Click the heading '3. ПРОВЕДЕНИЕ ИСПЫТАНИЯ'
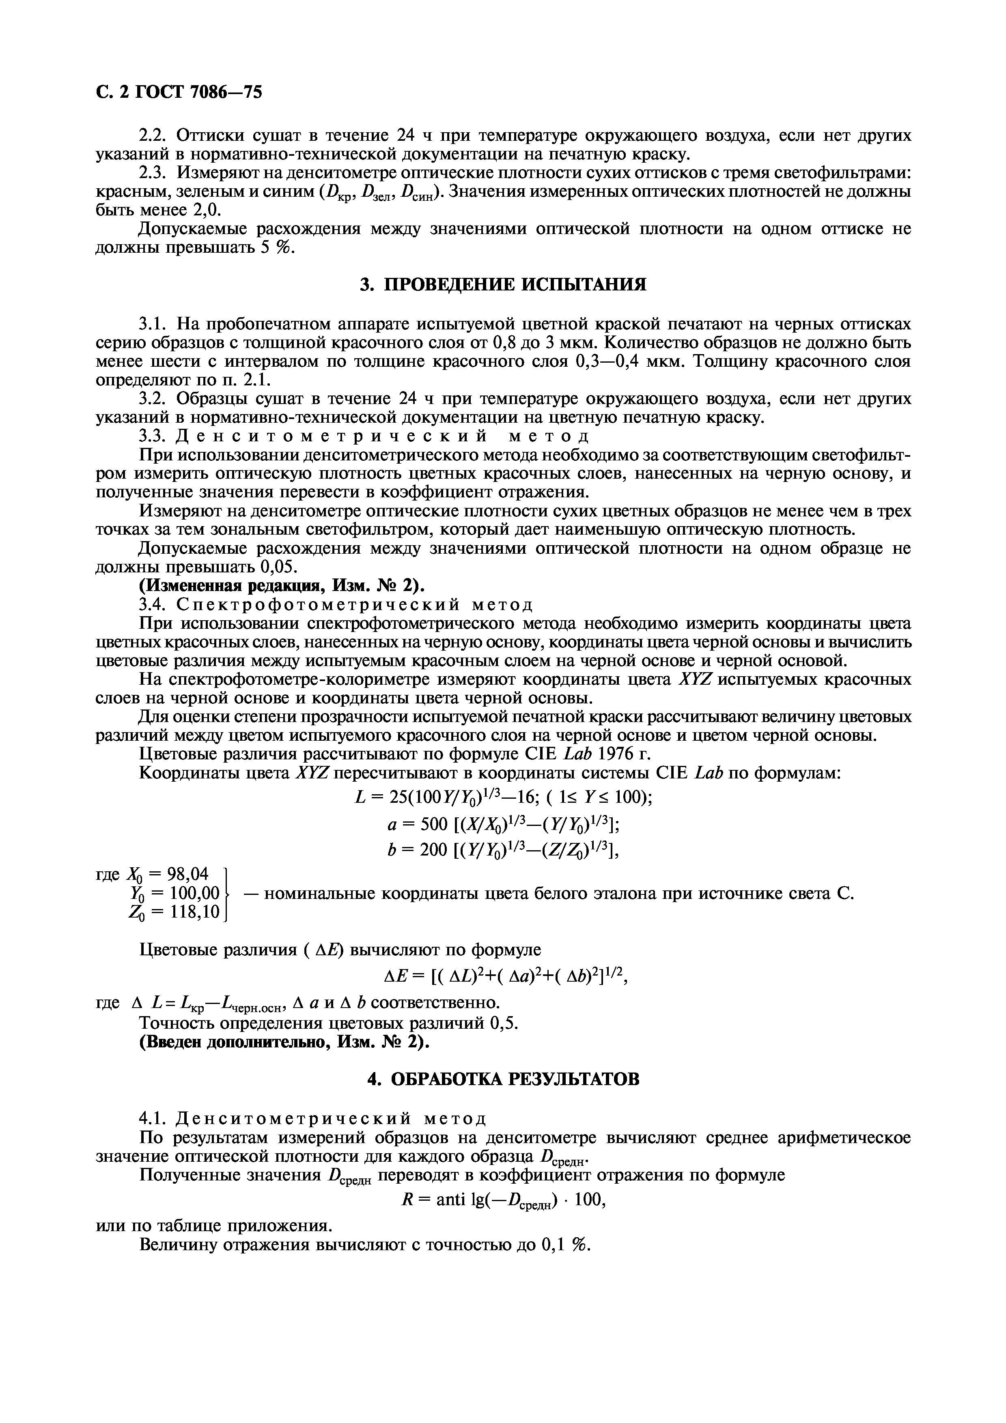point(503,284)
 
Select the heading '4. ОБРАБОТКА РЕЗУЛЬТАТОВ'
point(503,1079)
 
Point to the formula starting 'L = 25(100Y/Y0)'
point(503,796)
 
